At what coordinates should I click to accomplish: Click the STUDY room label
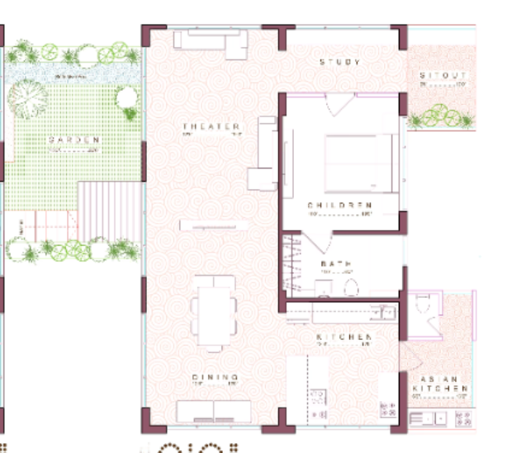[340, 62]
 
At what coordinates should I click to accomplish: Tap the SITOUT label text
[443, 75]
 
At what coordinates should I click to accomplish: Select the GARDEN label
[73, 140]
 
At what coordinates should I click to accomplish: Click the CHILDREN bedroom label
[340, 205]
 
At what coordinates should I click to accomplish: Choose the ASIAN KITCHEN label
[440, 385]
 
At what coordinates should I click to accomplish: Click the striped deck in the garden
[108, 210]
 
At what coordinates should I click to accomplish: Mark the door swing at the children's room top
[339, 106]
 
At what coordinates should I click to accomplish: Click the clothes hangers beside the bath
[294, 262]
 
